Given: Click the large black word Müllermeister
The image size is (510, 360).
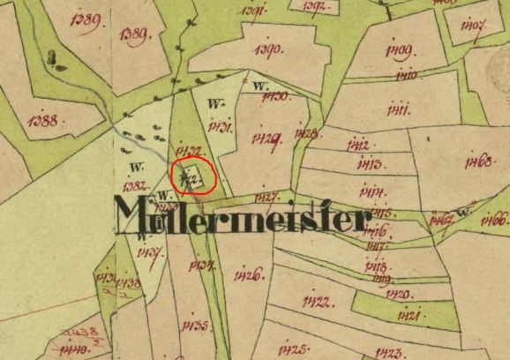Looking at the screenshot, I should [238, 214].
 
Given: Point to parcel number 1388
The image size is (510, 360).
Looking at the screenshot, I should [43, 120].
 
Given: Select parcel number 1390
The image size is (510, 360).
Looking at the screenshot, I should [268, 49].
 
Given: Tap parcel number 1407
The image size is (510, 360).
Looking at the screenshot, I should [473, 26].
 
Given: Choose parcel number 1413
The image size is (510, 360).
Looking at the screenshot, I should [369, 165].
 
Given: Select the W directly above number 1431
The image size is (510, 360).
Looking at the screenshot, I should [214, 104].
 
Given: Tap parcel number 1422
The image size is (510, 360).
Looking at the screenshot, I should [315, 303].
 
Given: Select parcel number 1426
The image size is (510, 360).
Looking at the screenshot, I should [248, 276].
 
